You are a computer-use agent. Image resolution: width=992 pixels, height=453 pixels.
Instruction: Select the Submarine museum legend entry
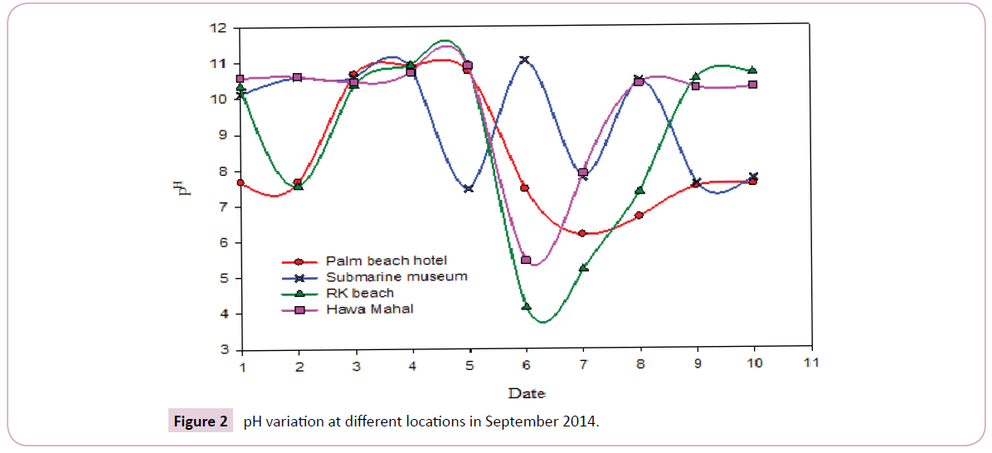(x=396, y=276)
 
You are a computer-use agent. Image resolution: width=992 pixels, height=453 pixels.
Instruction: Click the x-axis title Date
(x=526, y=392)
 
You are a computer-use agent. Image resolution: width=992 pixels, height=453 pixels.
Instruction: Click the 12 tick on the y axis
(x=218, y=28)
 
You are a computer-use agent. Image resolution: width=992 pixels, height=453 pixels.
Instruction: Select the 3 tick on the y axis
(x=222, y=350)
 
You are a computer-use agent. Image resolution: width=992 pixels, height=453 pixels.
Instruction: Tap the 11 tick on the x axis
(x=811, y=363)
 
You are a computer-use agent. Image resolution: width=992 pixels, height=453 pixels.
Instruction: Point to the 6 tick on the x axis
(x=526, y=364)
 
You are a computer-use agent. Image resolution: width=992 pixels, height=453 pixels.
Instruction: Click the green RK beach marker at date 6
(x=526, y=307)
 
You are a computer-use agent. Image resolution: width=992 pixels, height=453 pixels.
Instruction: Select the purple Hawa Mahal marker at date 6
(x=526, y=260)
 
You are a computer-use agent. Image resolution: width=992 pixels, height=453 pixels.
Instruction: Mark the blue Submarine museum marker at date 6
(x=526, y=60)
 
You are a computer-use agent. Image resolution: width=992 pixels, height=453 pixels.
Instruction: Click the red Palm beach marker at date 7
(x=583, y=233)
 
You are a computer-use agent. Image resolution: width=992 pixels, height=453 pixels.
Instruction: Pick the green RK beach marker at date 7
(x=583, y=267)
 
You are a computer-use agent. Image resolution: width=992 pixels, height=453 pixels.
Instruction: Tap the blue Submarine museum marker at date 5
(x=469, y=188)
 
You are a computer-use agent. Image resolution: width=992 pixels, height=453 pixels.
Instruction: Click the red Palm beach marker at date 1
(x=241, y=183)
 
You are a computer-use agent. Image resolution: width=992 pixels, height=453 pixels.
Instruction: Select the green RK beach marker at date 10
(x=753, y=71)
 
